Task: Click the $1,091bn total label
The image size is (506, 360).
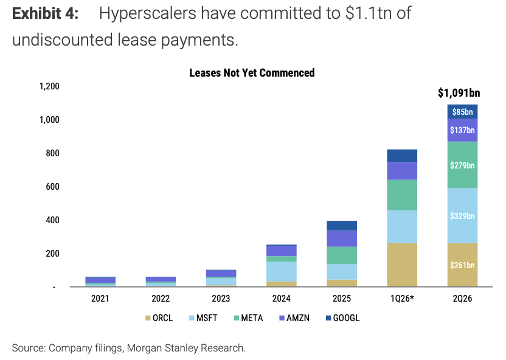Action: pyautogui.click(x=459, y=93)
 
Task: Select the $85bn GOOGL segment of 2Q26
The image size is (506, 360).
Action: pyautogui.click(x=462, y=112)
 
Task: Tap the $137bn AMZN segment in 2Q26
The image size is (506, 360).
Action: pyautogui.click(x=462, y=130)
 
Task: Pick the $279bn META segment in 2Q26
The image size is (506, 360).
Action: pyautogui.click(x=462, y=165)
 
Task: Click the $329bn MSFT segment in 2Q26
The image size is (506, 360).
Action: pyautogui.click(x=462, y=215)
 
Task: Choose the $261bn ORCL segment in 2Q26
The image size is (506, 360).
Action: pyautogui.click(x=462, y=265)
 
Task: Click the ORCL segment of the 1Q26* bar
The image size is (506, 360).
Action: pyautogui.click(x=402, y=265)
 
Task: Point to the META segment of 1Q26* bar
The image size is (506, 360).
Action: pyautogui.click(x=402, y=195)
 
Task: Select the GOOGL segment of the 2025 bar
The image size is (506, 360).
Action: pyautogui.click(x=342, y=226)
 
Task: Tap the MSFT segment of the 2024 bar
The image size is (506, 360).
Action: pyautogui.click(x=282, y=272)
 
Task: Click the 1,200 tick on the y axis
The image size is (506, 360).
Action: pyautogui.click(x=49, y=86)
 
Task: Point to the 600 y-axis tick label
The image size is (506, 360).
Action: pyautogui.click(x=52, y=187)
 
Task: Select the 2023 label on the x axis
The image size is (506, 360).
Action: pyautogui.click(x=221, y=299)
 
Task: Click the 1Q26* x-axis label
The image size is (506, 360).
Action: pyautogui.click(x=402, y=299)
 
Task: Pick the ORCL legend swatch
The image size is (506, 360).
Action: pyautogui.click(x=148, y=318)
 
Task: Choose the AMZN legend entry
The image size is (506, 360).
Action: pyautogui.click(x=294, y=318)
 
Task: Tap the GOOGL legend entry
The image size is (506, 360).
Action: pyautogui.click(x=343, y=318)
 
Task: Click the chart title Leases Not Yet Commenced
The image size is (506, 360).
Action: pyautogui.click(x=252, y=73)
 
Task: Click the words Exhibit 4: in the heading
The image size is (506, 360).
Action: pyautogui.click(x=45, y=13)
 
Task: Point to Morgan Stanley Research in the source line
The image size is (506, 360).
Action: pyautogui.click(x=185, y=348)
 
